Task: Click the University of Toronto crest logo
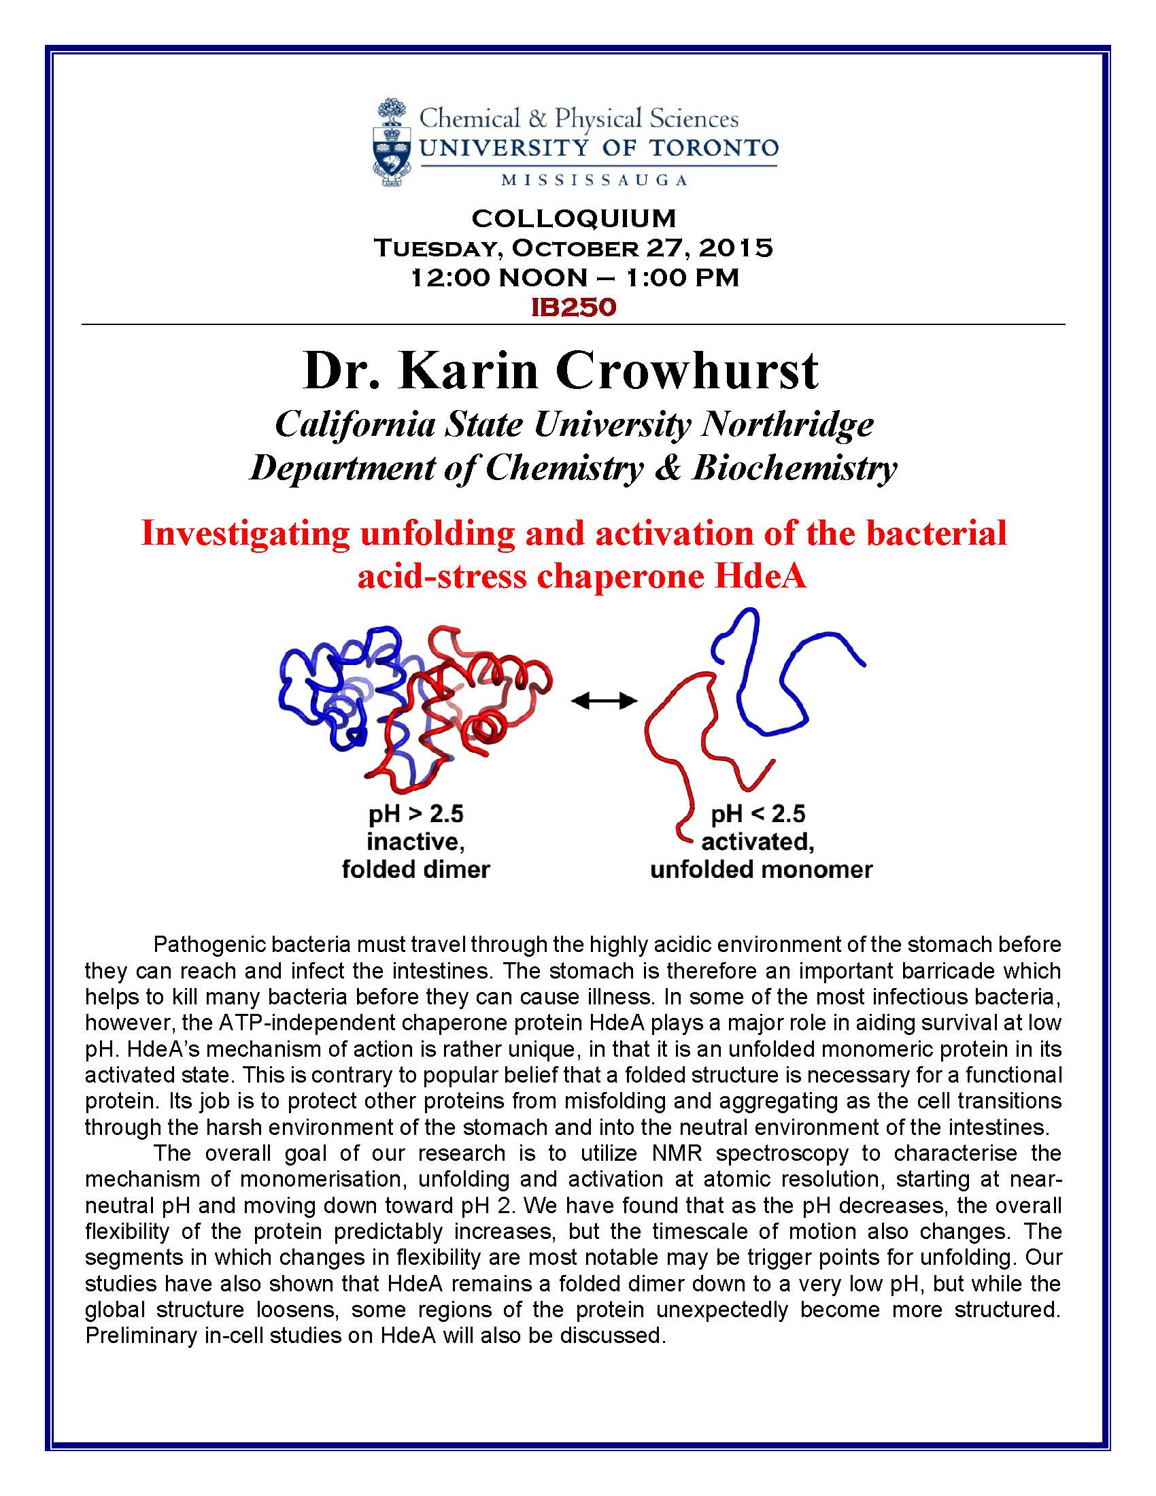(x=392, y=143)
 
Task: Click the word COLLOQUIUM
(x=574, y=218)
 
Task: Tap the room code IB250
(x=574, y=307)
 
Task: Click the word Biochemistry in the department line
(x=794, y=469)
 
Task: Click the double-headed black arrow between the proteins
(x=604, y=700)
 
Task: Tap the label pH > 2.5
(x=416, y=814)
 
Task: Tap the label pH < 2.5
(x=758, y=814)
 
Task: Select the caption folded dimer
(x=416, y=870)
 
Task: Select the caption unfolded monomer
(x=761, y=870)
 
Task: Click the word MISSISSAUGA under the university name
(x=594, y=181)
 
